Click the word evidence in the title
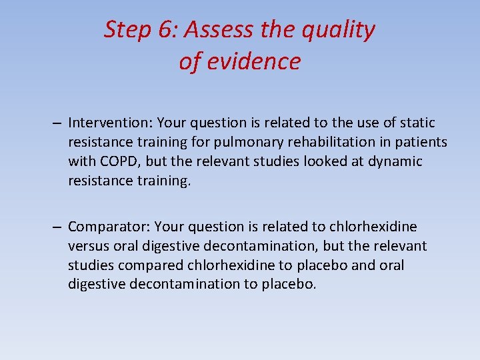(254, 61)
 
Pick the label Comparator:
(108, 227)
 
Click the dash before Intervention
(59, 123)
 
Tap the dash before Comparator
(59, 227)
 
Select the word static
(416, 123)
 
